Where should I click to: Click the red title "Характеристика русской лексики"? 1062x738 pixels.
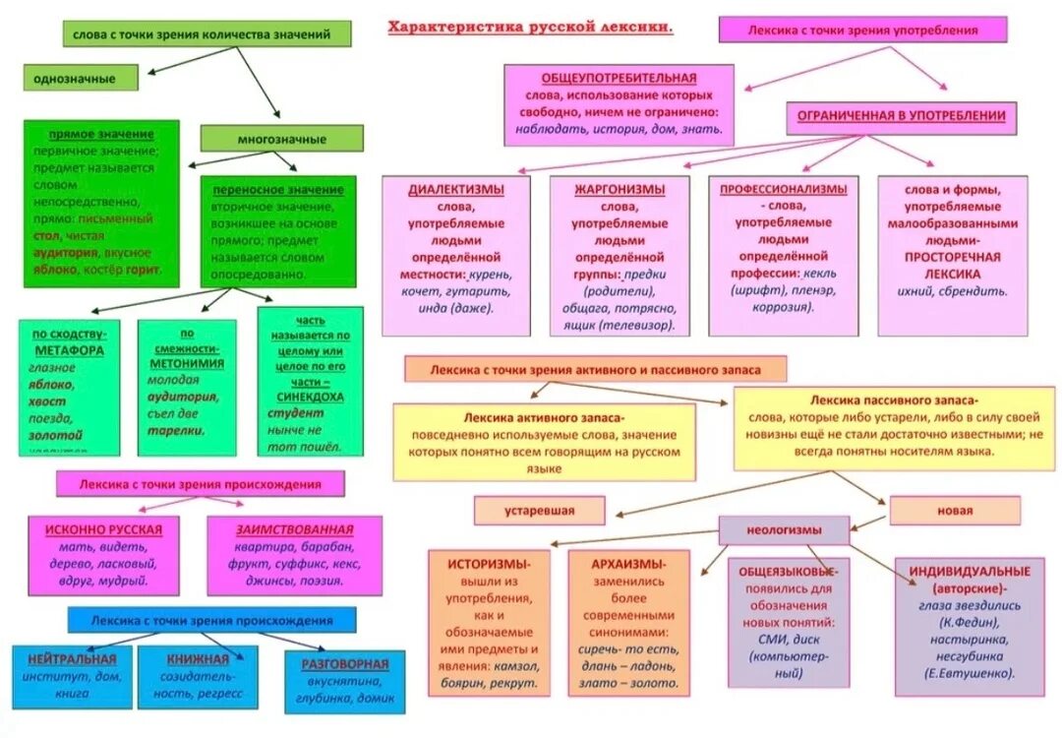click(x=531, y=28)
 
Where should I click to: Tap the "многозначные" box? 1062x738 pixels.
click(x=281, y=139)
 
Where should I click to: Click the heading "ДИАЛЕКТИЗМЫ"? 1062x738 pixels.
click(x=456, y=189)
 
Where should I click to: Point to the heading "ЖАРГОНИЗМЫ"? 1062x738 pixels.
click(x=619, y=189)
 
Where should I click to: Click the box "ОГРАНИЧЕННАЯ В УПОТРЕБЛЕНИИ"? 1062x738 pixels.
click(x=901, y=116)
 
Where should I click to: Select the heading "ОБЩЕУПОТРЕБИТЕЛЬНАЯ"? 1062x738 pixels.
click(x=619, y=78)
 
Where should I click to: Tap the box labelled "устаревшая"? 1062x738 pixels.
click(x=539, y=511)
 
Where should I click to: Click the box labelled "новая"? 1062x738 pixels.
click(x=954, y=511)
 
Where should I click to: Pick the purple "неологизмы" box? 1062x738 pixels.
click(x=784, y=529)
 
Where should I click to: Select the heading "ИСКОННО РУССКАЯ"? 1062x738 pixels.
click(x=103, y=529)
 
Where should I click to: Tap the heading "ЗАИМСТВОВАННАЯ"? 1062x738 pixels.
click(x=294, y=529)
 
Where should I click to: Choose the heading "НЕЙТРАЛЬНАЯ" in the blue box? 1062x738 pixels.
click(x=72, y=658)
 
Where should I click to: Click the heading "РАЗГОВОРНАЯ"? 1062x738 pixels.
click(x=345, y=664)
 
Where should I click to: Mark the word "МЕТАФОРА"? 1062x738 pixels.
click(x=69, y=349)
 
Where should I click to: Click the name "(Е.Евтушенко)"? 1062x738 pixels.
click(x=970, y=673)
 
